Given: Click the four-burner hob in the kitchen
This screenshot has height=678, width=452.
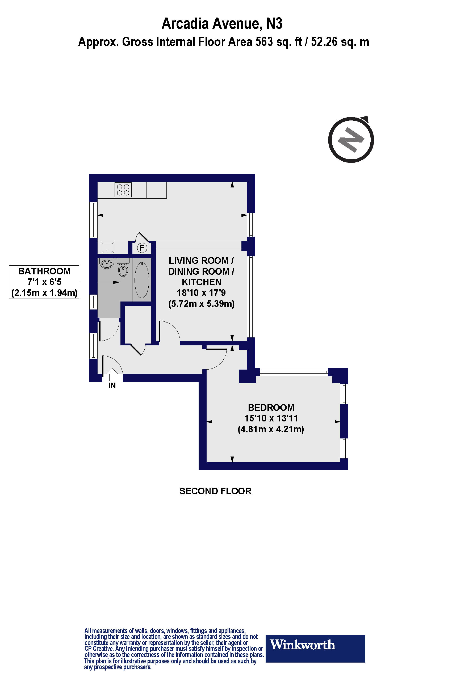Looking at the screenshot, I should (123, 190).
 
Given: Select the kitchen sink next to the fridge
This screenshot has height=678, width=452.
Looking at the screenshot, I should (107, 247).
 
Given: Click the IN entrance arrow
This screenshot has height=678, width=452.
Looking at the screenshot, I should (112, 375).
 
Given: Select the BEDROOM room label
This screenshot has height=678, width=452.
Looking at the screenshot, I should (271, 407).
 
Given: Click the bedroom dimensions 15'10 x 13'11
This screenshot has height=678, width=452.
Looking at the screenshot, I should (271, 418).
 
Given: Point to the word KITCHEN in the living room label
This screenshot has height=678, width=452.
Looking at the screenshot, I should (202, 282).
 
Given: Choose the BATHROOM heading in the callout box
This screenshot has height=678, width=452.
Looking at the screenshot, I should (44, 271).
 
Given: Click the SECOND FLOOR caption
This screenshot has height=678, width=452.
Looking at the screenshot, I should (215, 491).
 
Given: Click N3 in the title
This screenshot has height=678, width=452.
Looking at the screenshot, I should (274, 24).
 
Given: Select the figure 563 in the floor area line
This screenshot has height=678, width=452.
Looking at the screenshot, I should (264, 42).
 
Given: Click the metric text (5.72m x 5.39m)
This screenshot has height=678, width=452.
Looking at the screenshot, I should (202, 304).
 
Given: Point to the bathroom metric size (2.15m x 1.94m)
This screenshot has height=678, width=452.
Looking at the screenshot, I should (44, 293).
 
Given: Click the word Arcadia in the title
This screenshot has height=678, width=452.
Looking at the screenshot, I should (185, 24).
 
